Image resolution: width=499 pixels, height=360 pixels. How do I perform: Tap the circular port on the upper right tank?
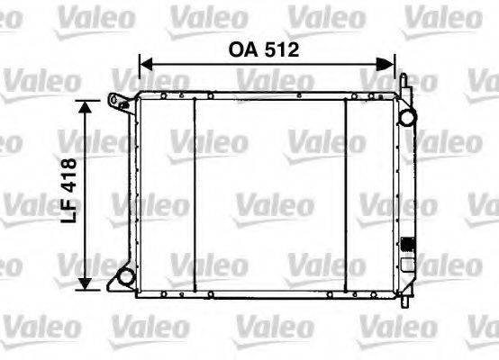[408, 117]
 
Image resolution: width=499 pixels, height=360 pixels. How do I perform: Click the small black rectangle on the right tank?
[407, 243]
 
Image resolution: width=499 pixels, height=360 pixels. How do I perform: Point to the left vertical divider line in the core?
[195, 193]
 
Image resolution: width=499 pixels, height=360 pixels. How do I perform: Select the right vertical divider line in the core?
[347, 193]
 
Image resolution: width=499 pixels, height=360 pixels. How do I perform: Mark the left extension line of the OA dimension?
[139, 72]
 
